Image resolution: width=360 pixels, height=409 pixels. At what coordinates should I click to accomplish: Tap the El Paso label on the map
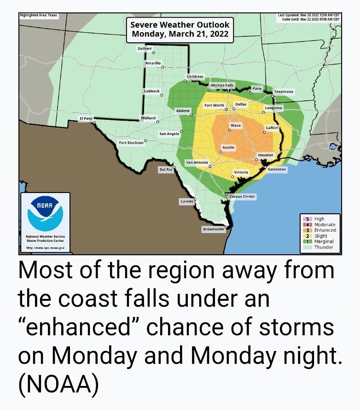(86, 119)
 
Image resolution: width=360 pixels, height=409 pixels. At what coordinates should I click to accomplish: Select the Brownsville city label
(214, 229)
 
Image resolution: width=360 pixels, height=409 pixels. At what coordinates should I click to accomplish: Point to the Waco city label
(235, 125)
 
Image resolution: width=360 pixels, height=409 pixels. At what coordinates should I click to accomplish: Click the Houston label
(266, 155)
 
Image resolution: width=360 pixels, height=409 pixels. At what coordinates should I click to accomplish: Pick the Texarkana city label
(284, 92)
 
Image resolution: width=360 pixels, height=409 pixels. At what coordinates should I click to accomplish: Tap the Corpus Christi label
(242, 196)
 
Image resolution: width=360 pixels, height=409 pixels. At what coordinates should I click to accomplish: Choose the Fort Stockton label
(131, 143)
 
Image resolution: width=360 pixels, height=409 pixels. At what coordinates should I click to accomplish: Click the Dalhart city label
(145, 48)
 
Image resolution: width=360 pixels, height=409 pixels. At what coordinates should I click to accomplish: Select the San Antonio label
(197, 163)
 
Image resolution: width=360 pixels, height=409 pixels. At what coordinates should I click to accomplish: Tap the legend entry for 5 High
(319, 219)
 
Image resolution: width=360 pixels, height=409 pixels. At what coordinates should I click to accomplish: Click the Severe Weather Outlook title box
(180, 29)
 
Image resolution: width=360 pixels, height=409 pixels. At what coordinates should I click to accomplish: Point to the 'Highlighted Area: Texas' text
(39, 15)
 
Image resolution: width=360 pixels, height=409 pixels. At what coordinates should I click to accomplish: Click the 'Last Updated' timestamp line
(308, 15)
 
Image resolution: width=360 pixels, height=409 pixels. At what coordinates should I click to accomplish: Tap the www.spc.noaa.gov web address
(45, 248)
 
